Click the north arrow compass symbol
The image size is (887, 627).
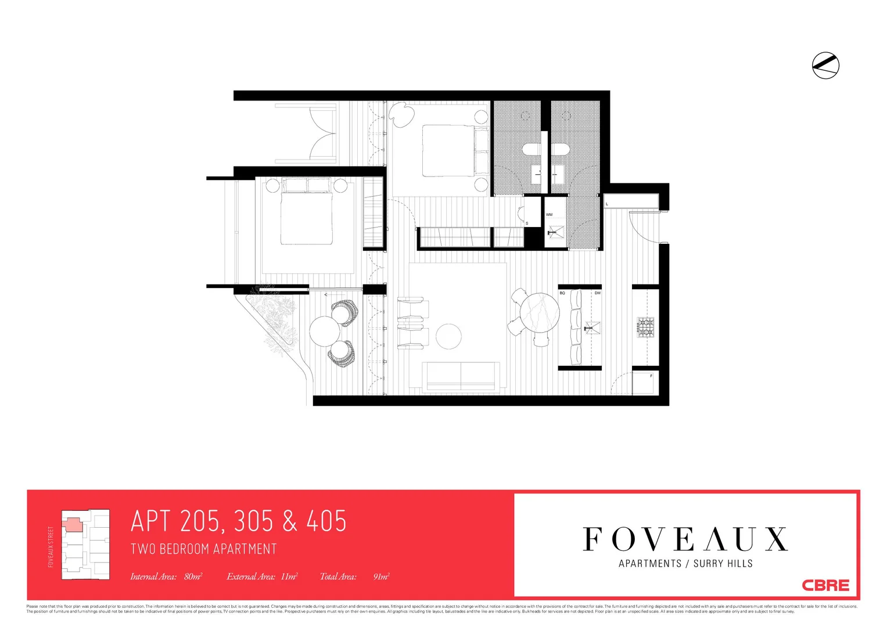point(825,65)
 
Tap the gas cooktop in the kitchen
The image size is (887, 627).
point(645,327)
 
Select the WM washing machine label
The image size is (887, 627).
point(549,215)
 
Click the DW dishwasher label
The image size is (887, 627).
point(597,293)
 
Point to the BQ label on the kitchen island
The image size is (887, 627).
point(562,293)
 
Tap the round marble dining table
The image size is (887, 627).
point(539,312)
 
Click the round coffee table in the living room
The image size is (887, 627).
point(448,336)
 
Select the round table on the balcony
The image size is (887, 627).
point(325,331)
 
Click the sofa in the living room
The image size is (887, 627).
point(461,376)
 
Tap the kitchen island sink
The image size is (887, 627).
point(592,328)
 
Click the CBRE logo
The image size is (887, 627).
point(825,585)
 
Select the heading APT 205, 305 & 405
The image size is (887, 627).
point(239,521)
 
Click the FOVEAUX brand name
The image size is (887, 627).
point(685,539)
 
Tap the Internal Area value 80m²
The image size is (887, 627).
point(193,576)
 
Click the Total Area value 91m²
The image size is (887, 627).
point(381,576)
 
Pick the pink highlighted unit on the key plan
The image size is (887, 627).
point(73,525)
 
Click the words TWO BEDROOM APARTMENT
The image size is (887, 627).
point(203,549)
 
